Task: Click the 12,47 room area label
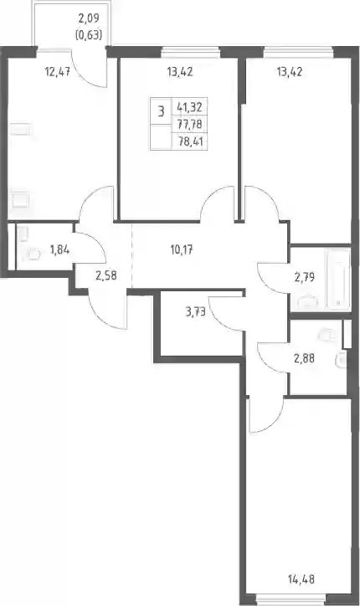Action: (x=58, y=72)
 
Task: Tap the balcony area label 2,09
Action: (x=89, y=18)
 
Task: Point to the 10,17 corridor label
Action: (x=182, y=250)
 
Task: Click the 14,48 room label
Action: (x=301, y=579)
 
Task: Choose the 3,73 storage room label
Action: (x=196, y=312)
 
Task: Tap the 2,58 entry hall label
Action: (x=106, y=275)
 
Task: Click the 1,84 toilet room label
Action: (x=59, y=250)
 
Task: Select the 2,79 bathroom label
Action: (x=304, y=277)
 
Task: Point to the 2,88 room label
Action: (x=304, y=358)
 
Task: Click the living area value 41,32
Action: (x=189, y=106)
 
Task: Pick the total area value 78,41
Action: (x=190, y=141)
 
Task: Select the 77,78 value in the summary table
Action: (x=189, y=124)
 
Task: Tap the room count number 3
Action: (x=161, y=111)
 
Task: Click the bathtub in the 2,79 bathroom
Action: (x=339, y=279)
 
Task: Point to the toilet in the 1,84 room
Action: (x=33, y=254)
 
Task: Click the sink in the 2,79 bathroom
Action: (x=308, y=302)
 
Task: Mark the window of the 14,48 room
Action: (x=286, y=602)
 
